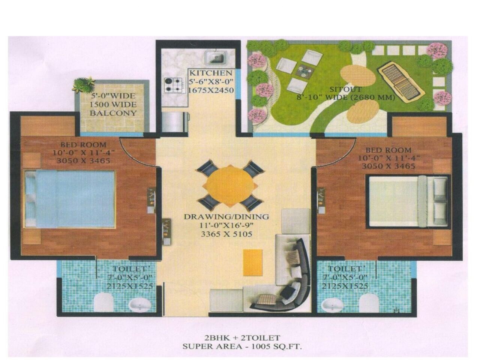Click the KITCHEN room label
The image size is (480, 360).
(211, 73)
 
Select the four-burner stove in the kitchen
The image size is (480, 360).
(174, 85)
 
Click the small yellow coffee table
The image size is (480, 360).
(251, 261)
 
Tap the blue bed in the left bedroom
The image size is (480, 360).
(70, 198)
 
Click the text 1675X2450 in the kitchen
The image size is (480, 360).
(211, 90)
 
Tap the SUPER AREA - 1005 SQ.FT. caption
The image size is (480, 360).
(242, 346)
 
